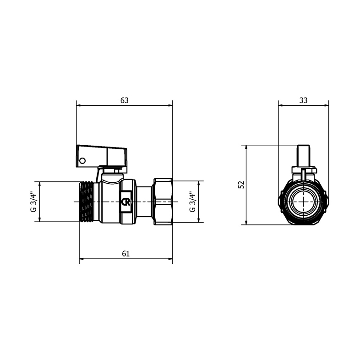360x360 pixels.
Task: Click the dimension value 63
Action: [124, 100]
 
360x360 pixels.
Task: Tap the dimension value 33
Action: [303, 100]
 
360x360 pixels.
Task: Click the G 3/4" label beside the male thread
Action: [33, 202]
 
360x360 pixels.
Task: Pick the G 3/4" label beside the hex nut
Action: [192, 202]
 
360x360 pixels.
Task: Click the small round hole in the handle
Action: [82, 161]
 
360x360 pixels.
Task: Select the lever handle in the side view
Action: [101, 154]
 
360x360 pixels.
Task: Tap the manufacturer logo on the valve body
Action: [125, 202]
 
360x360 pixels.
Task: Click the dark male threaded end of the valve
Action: [87, 202]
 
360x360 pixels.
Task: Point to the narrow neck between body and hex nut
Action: [145, 202]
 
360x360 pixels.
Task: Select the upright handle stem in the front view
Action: [304, 156]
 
